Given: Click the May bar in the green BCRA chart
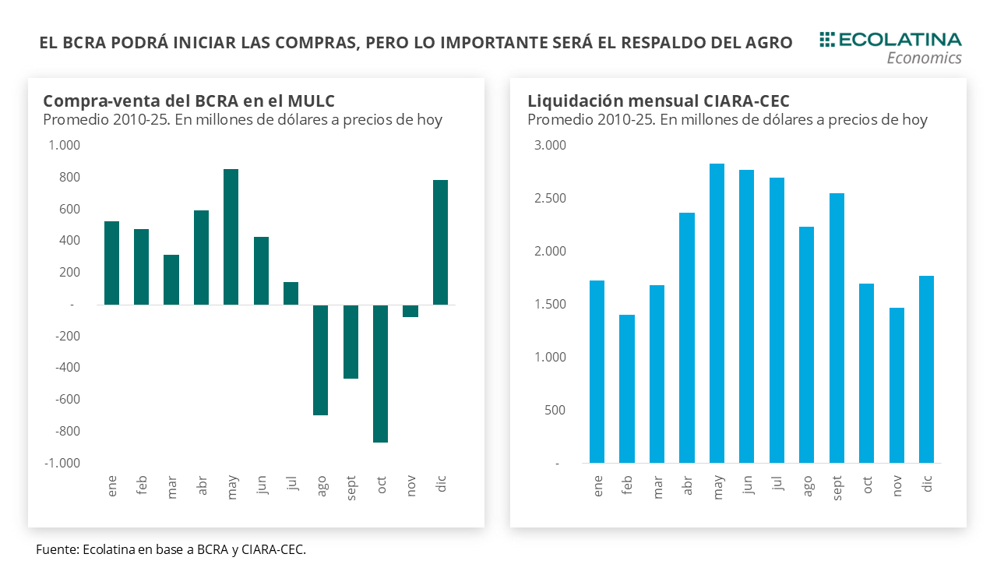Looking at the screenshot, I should coord(231,237).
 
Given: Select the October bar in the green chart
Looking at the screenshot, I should coord(381,373).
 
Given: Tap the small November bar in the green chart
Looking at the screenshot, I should coord(410,311).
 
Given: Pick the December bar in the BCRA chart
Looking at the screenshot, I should coord(441,242).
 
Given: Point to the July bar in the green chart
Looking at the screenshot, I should coord(291,293).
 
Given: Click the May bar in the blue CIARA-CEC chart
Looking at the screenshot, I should coord(717,313).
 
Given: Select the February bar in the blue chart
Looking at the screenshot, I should coord(627,389).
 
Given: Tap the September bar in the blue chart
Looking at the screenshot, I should coord(837,328).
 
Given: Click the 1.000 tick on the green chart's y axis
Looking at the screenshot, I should coord(64,146).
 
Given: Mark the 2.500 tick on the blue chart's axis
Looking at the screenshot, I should coord(549,199).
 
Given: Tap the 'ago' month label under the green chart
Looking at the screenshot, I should coord(322,484).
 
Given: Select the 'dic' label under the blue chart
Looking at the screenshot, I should coord(927,484).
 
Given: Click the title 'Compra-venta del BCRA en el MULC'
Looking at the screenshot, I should coord(188,101).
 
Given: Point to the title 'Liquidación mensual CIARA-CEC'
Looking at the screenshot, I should coord(658,101).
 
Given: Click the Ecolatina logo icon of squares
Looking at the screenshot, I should coord(826,39).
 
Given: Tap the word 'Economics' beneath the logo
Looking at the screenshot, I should coord(924,58).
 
